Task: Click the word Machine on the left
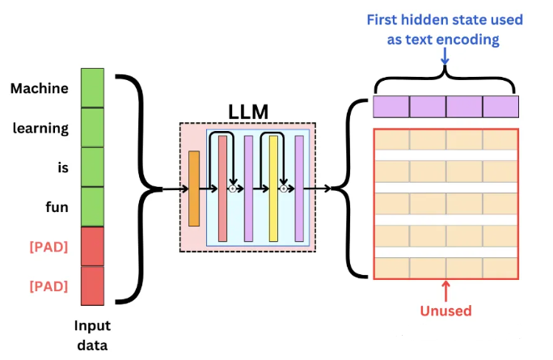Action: click(x=39, y=88)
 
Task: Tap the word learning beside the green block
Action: click(x=40, y=129)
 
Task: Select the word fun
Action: click(x=57, y=207)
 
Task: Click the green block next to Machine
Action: click(x=92, y=88)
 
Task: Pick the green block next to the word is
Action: click(x=92, y=167)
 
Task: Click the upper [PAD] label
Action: click(x=49, y=247)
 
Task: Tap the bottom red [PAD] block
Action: click(x=92, y=286)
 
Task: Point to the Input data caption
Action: click(x=92, y=335)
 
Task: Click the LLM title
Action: click(x=248, y=112)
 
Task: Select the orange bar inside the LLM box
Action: click(x=194, y=188)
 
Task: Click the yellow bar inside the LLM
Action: click(x=273, y=188)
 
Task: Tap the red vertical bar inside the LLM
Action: click(x=222, y=188)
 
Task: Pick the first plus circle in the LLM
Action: click(x=232, y=188)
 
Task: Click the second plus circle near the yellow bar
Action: click(x=284, y=188)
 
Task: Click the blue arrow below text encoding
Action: click(x=445, y=57)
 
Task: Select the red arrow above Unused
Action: click(x=445, y=291)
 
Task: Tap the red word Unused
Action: click(x=445, y=311)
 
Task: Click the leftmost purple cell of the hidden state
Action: click(x=391, y=107)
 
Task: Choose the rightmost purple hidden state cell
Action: click(x=500, y=107)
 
